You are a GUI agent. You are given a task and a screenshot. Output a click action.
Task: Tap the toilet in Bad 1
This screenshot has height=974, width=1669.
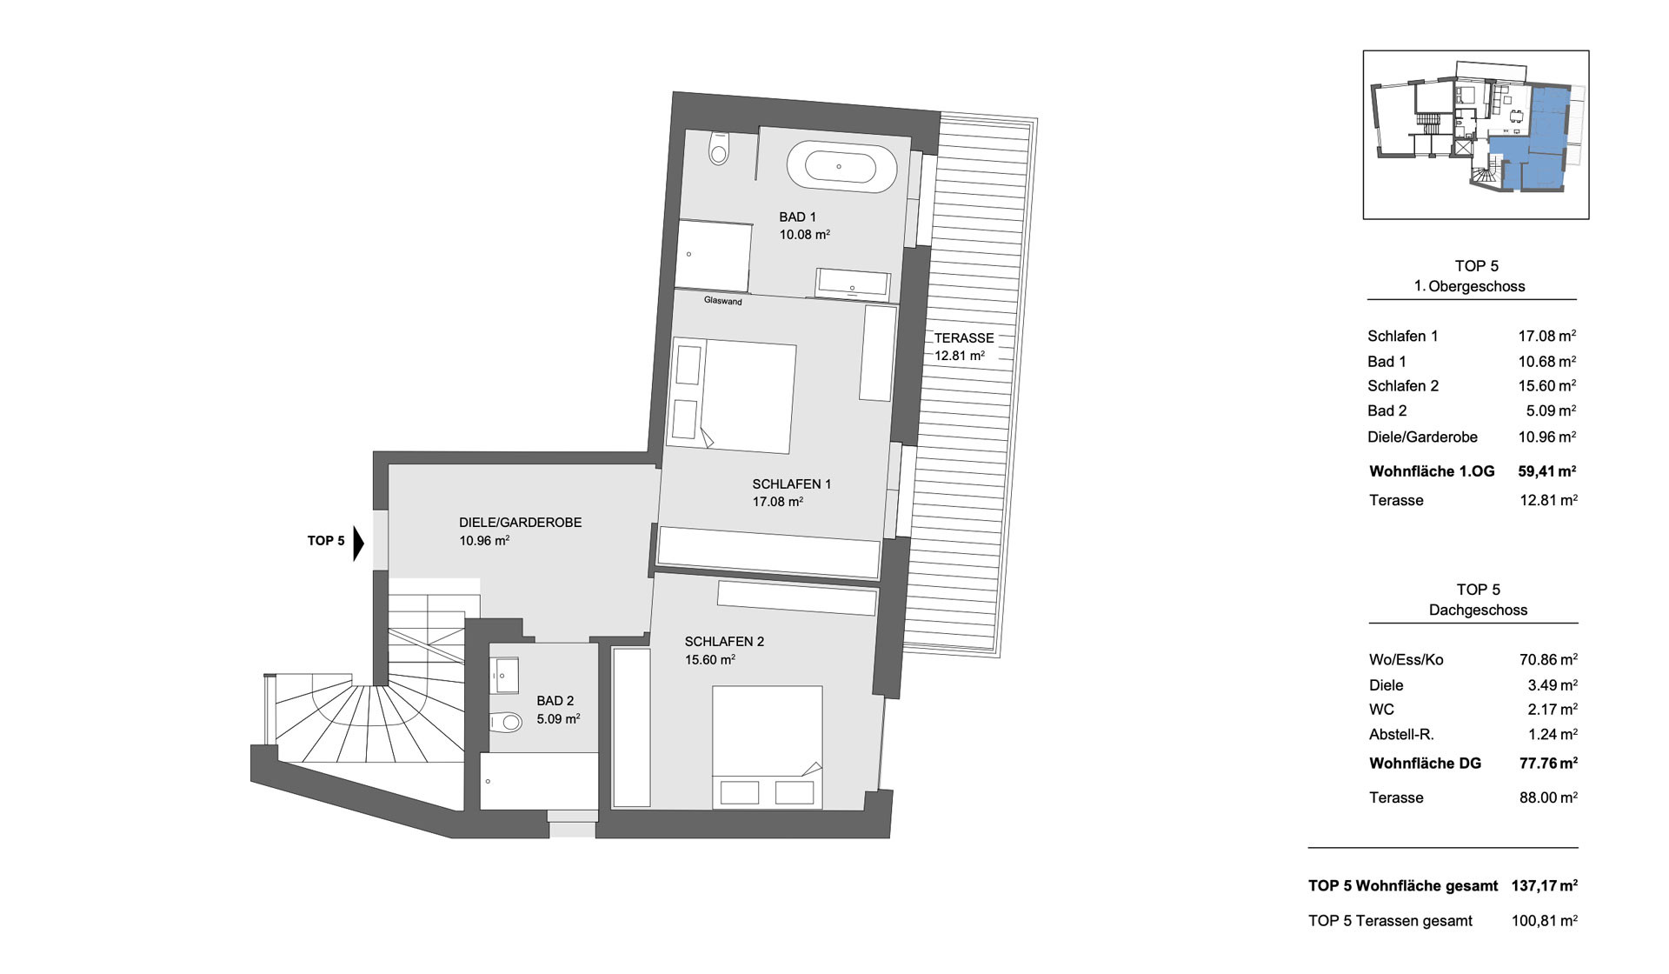pos(719,149)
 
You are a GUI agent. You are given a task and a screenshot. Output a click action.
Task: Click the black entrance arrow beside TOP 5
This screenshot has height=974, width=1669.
pos(358,543)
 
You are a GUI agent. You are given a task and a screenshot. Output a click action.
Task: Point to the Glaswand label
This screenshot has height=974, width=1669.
pos(723,302)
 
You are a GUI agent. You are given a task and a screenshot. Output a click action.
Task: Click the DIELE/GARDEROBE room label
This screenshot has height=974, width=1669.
pos(521,523)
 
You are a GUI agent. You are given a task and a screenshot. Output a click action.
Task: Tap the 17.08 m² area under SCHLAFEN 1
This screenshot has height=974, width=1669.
pos(778,502)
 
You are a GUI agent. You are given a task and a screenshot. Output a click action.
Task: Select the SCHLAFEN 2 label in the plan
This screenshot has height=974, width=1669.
pos(724,642)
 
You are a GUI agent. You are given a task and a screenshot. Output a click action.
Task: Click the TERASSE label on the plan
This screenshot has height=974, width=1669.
pos(964,338)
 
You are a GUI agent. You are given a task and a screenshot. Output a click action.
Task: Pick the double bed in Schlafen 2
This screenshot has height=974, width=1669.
pos(767,746)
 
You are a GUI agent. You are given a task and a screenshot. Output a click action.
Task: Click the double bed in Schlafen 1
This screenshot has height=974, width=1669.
pos(731,396)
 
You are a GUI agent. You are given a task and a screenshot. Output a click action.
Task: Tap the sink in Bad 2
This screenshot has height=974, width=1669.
pos(505,675)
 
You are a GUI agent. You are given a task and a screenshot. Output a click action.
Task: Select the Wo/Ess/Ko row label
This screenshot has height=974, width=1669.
pos(1406,660)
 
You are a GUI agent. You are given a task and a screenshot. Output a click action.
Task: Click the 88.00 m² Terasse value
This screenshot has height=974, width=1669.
pos(1548,797)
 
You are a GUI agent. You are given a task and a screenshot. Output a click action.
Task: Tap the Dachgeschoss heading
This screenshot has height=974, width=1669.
pos(1478,610)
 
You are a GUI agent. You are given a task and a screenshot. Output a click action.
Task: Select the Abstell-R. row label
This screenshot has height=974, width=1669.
pos(1401,735)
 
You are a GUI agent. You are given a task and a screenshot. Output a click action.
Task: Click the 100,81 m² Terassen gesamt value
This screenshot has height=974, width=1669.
pos(1545,921)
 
